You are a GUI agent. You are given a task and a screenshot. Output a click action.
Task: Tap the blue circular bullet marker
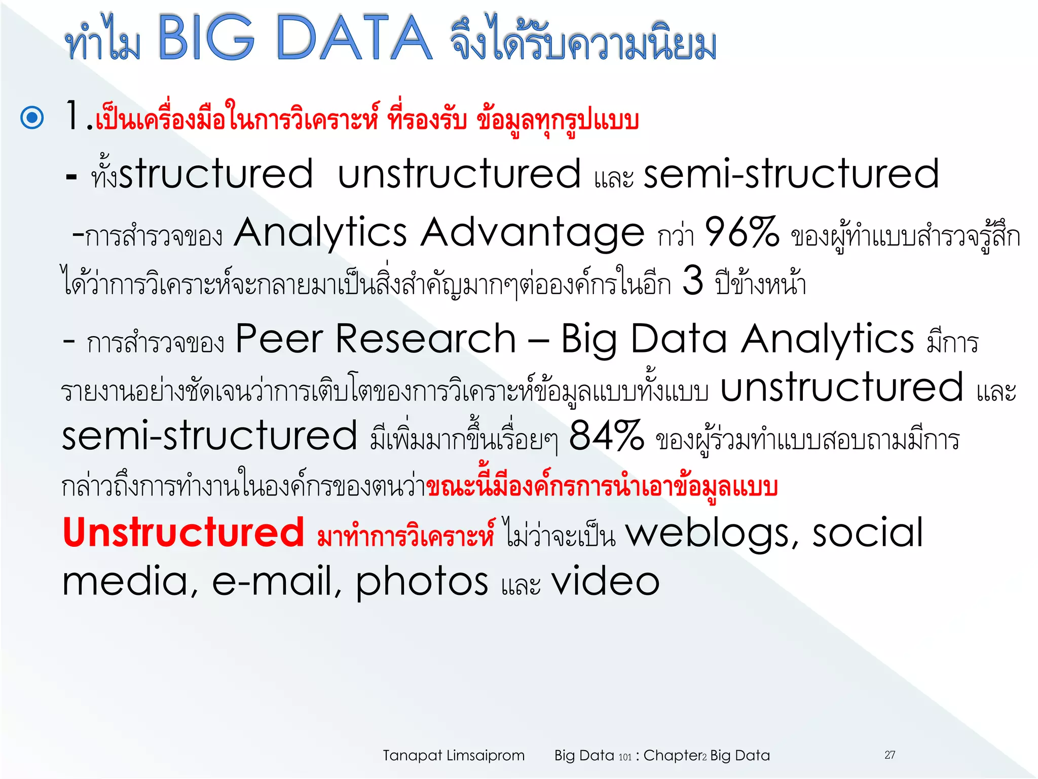tap(32, 118)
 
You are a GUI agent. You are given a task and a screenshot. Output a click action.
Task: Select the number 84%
tap(606, 436)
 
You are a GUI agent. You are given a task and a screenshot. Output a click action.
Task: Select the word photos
tap(422, 581)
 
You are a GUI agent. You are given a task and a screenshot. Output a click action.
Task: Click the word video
tap(605, 581)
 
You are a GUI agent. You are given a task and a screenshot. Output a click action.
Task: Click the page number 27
tap(889, 755)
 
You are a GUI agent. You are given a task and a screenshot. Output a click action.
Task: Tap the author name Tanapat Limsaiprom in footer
tap(453, 755)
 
